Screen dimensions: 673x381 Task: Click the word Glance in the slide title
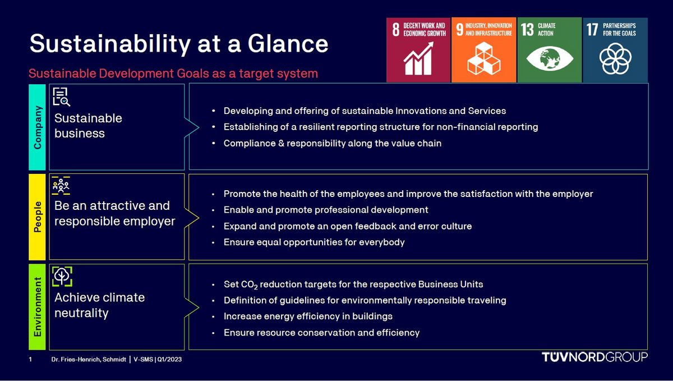coord(288,44)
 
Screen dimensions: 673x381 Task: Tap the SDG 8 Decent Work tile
coord(418,50)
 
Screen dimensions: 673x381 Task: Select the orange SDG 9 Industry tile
coord(483,50)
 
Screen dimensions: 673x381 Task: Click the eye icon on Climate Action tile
coord(550,59)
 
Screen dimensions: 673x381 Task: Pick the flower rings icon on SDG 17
coord(615,59)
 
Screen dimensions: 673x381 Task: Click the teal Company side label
coord(37,127)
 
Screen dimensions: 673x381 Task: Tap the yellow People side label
coord(37,217)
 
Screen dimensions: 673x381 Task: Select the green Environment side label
coord(37,307)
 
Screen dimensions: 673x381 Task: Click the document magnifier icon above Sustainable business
coord(61,97)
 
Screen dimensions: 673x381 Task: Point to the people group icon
coord(61,186)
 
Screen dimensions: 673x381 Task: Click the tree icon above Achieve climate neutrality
coord(62,277)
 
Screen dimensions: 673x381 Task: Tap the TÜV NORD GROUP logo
coord(594,357)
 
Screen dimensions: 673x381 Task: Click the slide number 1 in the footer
coord(30,359)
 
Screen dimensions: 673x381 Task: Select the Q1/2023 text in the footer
coord(169,359)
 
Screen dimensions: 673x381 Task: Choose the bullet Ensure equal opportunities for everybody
coord(314,242)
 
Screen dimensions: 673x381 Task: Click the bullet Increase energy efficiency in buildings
coord(308,316)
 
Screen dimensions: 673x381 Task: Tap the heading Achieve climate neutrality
coord(99,305)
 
